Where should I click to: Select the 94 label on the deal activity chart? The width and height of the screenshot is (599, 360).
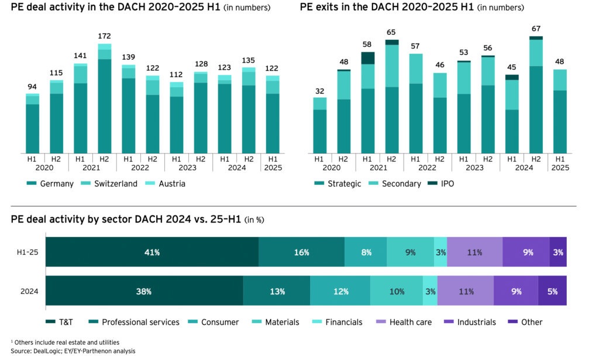point(33,87)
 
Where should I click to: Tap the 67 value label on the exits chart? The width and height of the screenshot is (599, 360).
point(536,29)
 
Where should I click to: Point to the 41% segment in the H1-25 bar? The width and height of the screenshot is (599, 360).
point(152,252)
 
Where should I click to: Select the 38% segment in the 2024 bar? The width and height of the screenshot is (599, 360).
point(144,291)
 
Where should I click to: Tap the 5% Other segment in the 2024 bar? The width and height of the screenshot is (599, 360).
point(552,291)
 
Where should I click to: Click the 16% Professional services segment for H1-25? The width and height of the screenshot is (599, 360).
point(301,252)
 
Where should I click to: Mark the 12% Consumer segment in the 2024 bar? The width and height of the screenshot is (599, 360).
point(340,291)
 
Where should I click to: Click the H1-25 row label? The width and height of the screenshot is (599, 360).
point(27,252)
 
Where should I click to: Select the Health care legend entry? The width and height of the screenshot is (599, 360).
point(408,322)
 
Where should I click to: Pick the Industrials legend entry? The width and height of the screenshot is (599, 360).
point(472,322)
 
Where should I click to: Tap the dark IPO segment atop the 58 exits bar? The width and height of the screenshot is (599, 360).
point(367,58)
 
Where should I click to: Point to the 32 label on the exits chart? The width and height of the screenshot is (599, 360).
point(319,91)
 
